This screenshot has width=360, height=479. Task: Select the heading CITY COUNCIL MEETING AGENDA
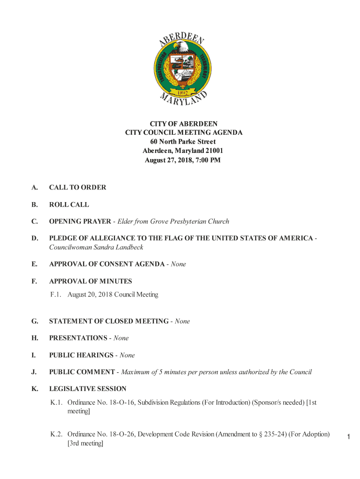pyautogui.click(x=184, y=133)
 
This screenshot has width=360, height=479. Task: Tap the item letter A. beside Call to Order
pyautogui.click(x=35, y=188)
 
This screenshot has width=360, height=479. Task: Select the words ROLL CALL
pyautogui.click(x=69, y=205)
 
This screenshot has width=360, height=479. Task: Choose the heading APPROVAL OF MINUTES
pyautogui.click(x=91, y=282)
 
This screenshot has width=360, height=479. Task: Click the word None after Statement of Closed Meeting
pyautogui.click(x=182, y=321)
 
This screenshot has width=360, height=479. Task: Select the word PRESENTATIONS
pyautogui.click(x=78, y=338)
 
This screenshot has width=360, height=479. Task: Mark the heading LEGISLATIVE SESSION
pyautogui.click(x=88, y=389)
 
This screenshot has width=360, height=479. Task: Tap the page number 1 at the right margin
pyautogui.click(x=348, y=437)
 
